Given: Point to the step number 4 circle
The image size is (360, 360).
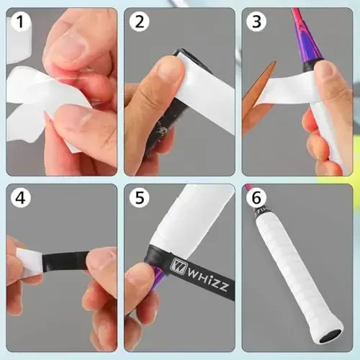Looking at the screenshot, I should [19, 197].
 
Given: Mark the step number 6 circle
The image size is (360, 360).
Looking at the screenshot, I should [255, 197].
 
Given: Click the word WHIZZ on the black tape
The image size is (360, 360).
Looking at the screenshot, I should [194, 274].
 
